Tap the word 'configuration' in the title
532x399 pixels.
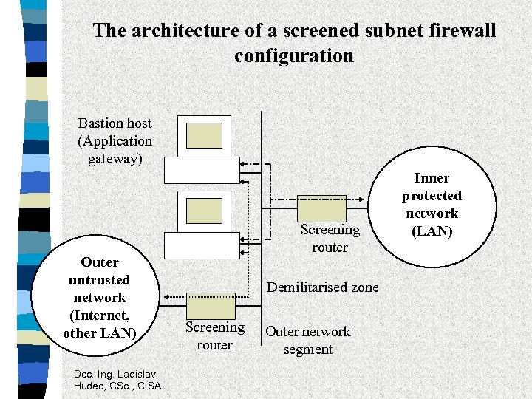(293, 55)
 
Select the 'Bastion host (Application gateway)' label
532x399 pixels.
(115, 141)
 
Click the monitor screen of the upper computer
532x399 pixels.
(204, 135)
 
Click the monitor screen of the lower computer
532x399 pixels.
(204, 210)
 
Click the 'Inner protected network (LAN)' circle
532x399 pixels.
(432, 205)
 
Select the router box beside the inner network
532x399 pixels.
(321, 208)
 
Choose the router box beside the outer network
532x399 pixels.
(211, 305)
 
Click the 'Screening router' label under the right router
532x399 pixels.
(330, 239)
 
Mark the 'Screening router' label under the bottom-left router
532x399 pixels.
(214, 336)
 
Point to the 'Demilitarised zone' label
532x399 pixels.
(322, 287)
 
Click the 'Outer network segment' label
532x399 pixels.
(308, 341)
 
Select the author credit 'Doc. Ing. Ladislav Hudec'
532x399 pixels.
(117, 380)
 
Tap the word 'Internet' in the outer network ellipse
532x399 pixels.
(99, 316)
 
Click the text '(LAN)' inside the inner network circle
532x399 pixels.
(432, 231)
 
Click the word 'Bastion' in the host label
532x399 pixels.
(99, 123)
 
